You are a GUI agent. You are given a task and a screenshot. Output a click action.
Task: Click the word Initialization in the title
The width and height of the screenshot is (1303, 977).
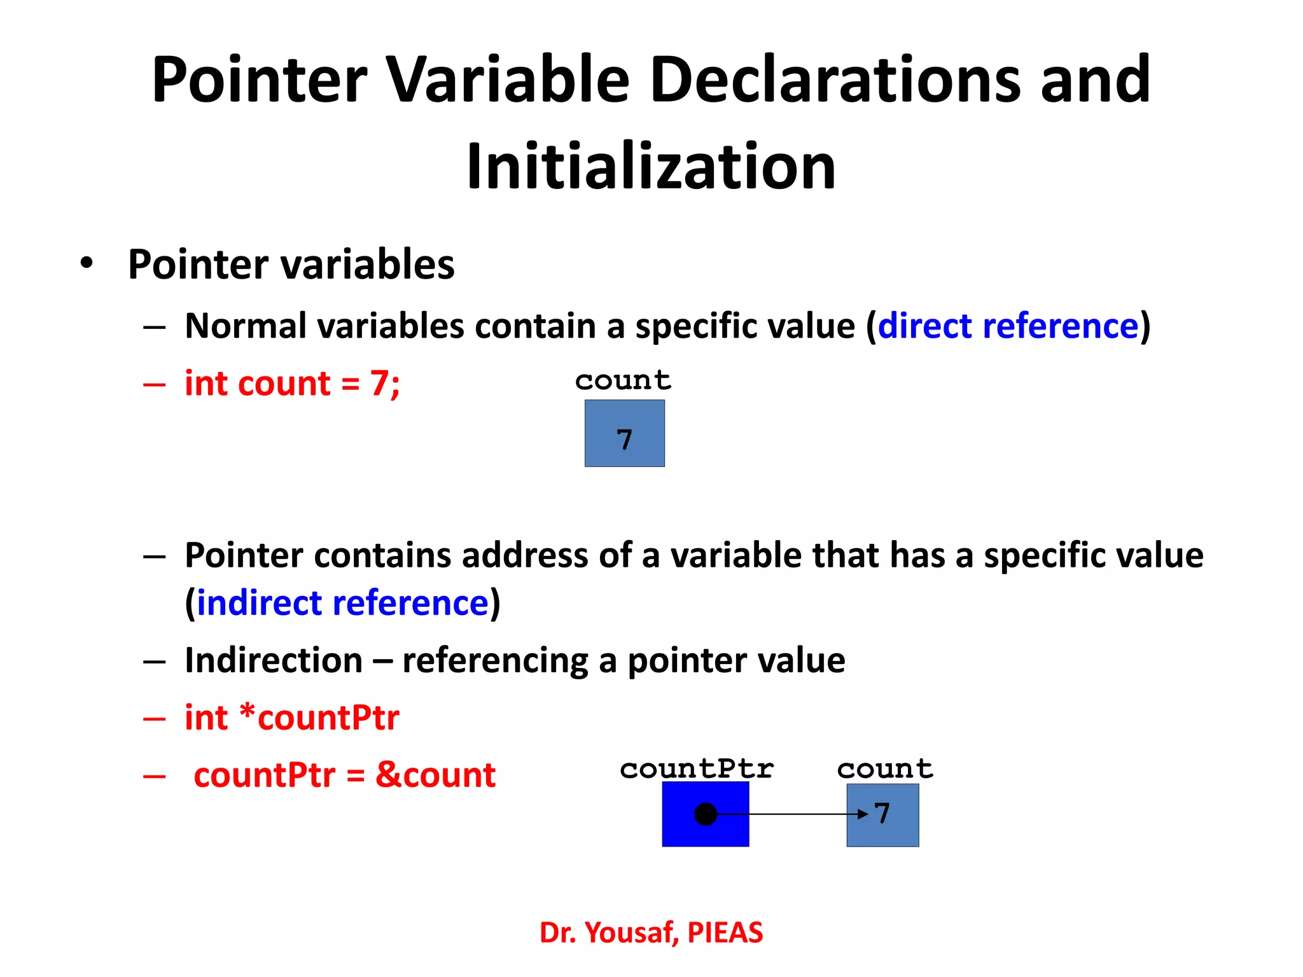coord(651,167)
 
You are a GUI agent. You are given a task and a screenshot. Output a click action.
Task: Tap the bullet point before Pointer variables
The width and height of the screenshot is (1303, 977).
coord(87,263)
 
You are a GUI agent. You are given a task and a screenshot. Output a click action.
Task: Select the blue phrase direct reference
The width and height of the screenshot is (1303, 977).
coord(1008,326)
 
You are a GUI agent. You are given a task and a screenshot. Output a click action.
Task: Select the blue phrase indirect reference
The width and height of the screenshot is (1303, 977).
coord(342,603)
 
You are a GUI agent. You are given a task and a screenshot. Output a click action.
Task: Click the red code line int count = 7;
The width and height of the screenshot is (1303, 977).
coord(292,384)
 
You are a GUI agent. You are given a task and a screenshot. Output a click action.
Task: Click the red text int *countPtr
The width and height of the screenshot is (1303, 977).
coord(292,717)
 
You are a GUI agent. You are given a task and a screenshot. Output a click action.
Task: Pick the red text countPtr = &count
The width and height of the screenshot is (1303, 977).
coord(344,775)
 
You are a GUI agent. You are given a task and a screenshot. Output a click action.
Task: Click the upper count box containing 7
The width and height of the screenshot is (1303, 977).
coord(624,433)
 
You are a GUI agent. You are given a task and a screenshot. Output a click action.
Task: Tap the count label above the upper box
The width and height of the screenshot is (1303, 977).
coord(623,380)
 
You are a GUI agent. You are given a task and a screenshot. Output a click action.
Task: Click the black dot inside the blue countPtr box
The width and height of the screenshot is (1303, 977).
coord(706,814)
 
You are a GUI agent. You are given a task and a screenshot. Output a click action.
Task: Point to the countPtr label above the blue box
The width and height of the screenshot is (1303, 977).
coord(697,769)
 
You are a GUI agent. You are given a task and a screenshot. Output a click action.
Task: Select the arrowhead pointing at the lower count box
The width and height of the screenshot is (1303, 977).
coord(863,814)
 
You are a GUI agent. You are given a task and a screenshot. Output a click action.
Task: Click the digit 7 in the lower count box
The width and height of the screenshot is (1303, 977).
coord(882,814)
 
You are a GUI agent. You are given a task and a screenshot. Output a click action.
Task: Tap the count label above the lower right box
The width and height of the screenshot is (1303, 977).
coord(885,769)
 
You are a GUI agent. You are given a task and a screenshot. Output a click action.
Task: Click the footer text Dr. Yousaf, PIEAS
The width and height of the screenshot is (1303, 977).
coord(651,932)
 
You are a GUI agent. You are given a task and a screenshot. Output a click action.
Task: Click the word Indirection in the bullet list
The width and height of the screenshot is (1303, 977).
coord(274,660)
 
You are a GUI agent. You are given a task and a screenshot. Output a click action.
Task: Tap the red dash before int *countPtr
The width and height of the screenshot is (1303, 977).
coord(155,719)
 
